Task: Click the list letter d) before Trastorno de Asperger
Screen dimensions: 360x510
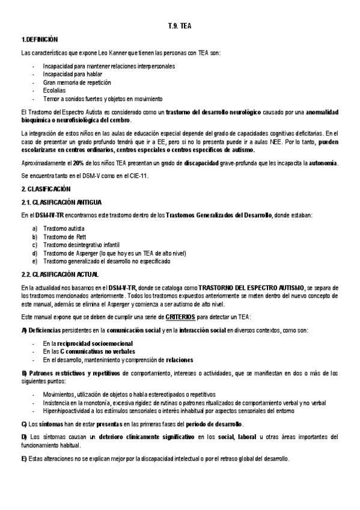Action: (35, 253)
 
